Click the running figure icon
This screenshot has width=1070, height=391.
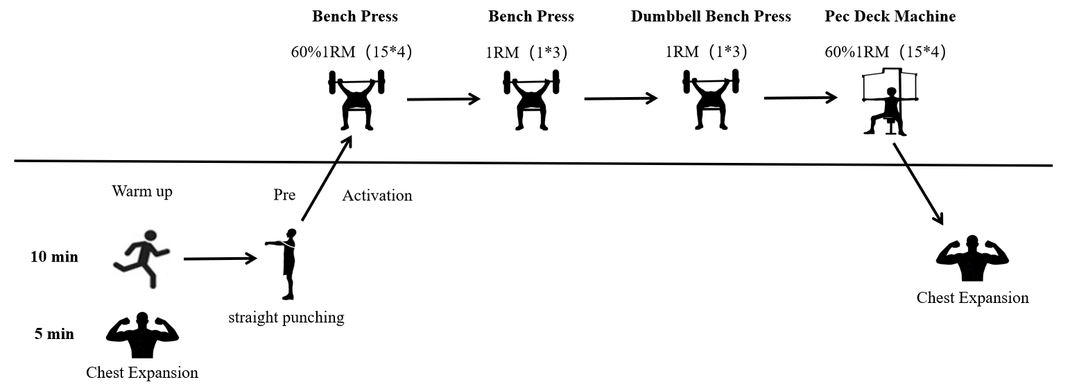[141, 259]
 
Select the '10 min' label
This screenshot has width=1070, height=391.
[54, 257]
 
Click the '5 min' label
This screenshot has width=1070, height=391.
[54, 333]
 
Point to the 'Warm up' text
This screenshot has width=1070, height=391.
[142, 191]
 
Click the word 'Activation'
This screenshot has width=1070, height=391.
[377, 195]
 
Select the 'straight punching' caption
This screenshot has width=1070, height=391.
[286, 318]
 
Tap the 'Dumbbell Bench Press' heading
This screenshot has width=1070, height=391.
[711, 16]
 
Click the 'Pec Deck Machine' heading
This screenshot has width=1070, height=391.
[890, 16]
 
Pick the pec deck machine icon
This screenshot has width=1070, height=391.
[890, 102]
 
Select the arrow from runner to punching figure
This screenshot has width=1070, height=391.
[221, 259]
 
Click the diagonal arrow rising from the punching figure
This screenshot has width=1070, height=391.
[327, 179]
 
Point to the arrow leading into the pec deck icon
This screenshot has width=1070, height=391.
[800, 98]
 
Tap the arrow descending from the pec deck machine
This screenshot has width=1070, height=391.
[918, 184]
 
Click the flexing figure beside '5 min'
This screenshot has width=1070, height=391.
[142, 335]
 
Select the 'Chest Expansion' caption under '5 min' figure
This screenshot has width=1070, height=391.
[142, 372]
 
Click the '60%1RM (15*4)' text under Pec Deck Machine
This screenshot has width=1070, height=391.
[885, 51]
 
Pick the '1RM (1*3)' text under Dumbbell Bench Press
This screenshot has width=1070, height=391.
[706, 51]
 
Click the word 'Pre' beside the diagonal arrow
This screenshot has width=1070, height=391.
[284, 195]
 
